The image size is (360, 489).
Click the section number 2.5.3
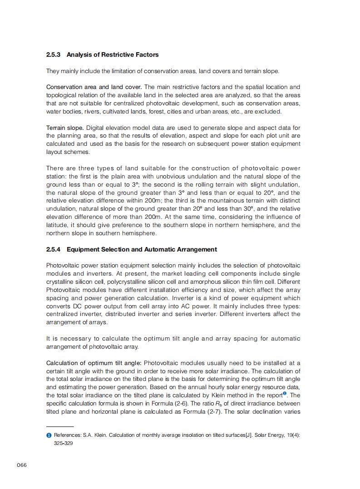[x=54, y=54]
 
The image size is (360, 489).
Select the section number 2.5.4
[x=54, y=249]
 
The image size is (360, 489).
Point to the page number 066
[x=22, y=465]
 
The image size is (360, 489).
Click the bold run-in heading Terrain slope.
[x=64, y=128]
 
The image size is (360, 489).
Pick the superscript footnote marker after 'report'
[x=285, y=393]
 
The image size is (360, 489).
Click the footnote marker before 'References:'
[x=49, y=435]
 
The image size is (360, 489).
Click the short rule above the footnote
[x=60, y=427]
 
